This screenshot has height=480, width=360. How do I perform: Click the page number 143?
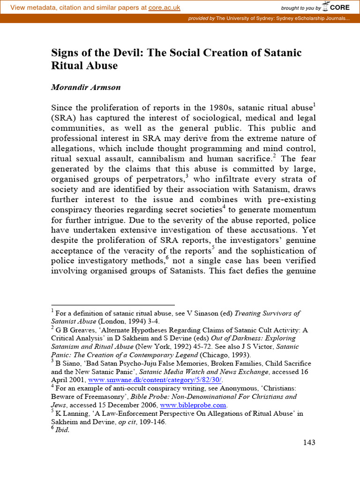point(309,442)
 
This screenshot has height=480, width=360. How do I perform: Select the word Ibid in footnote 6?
point(62,430)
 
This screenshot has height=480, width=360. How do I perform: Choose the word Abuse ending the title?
point(102,66)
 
